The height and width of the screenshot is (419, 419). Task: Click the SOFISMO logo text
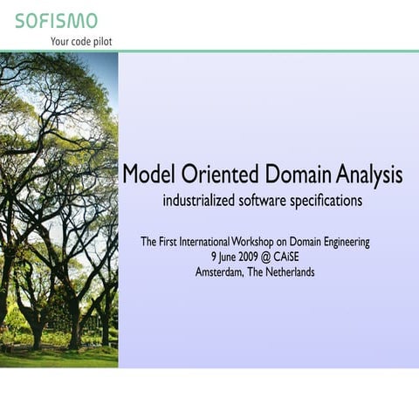[x=56, y=20]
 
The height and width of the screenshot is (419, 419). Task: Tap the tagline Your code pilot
[x=81, y=41]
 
